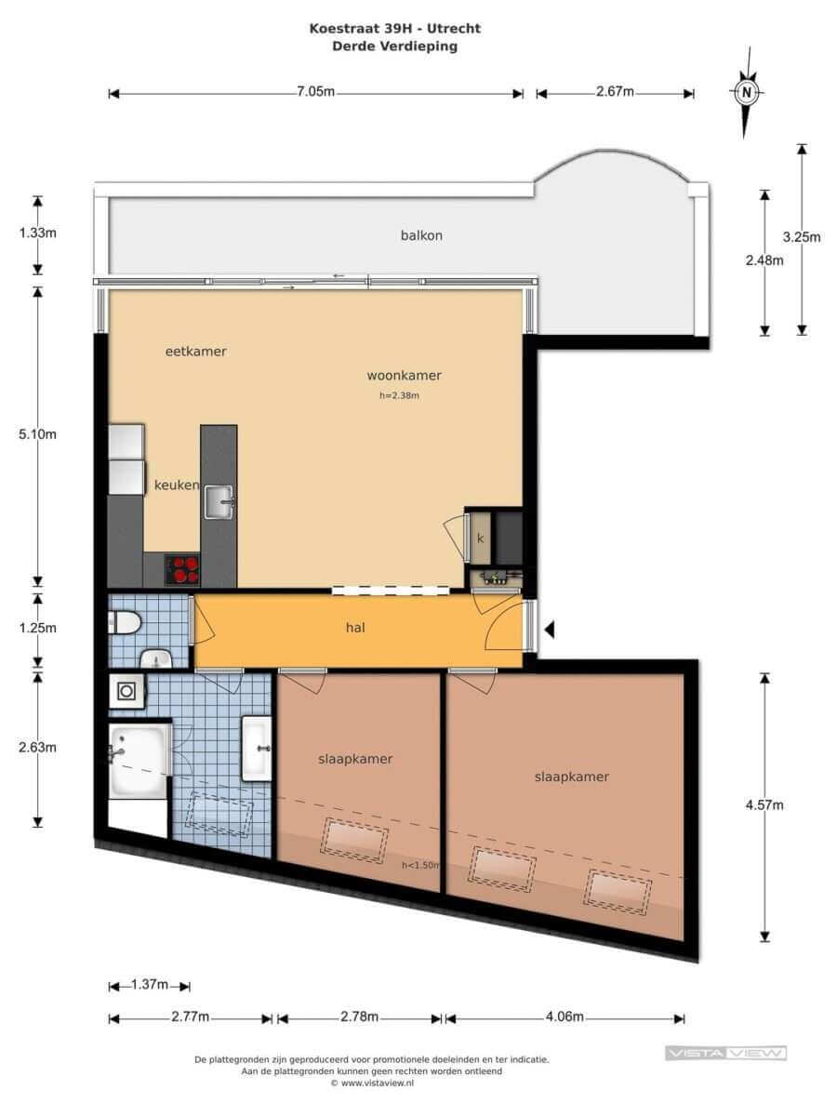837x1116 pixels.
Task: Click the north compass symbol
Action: tap(747, 92)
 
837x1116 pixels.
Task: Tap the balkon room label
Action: tap(421, 235)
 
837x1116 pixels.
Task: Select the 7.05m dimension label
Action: tap(315, 91)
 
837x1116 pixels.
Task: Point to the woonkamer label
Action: tap(404, 375)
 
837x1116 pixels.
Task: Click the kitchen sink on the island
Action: tap(219, 501)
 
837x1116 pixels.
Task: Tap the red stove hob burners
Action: tap(182, 570)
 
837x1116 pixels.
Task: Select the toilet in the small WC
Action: tap(124, 622)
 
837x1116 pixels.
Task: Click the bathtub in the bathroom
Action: tap(139, 760)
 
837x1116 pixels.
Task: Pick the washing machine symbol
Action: tap(126, 691)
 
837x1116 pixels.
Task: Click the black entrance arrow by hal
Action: tap(549, 630)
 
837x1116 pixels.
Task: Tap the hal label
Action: tap(355, 628)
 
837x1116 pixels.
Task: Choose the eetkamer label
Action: tap(195, 352)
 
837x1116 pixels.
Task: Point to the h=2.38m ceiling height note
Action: tap(400, 395)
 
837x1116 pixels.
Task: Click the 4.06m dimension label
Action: tap(565, 1016)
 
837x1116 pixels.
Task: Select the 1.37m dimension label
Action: tap(150, 984)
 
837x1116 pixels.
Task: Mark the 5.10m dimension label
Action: tap(37, 434)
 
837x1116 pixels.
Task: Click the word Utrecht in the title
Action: tap(453, 29)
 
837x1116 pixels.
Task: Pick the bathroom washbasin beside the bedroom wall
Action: tap(256, 749)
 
